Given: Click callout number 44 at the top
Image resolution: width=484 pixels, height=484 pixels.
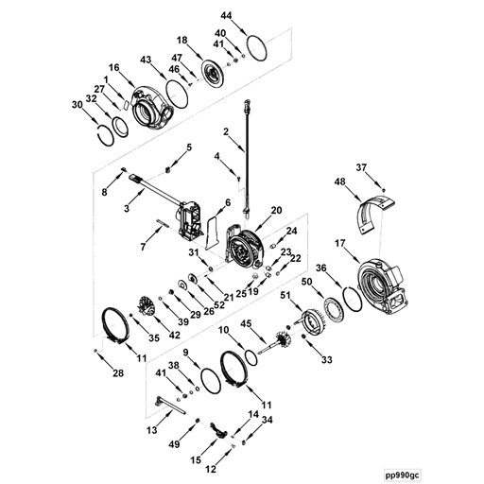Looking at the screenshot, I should point(226,16).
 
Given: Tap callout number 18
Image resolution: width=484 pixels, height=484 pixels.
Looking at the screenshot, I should point(182,41).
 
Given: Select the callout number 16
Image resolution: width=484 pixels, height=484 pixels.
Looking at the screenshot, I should point(113,68).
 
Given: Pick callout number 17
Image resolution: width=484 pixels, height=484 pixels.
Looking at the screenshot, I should point(339,245).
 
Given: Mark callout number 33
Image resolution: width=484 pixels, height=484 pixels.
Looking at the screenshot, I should point(328,360).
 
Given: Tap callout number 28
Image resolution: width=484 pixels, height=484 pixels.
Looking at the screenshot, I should point(118,374).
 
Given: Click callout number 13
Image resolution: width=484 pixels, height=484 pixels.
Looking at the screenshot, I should point(152,429).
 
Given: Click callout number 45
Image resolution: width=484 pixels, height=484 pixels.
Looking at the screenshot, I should point(246,323).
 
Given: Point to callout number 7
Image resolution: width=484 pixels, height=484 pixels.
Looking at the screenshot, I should point(143,246).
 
